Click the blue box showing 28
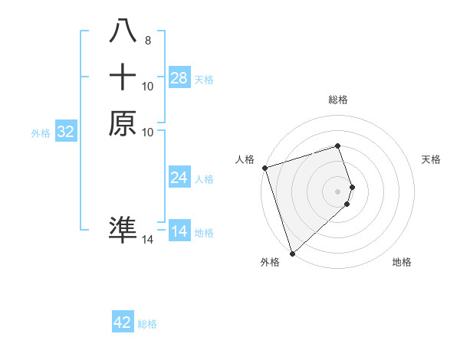179,78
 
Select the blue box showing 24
179,178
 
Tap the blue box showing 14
179,231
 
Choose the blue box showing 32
66,132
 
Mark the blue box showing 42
123,322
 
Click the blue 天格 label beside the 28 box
204,79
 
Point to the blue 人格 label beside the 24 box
204,179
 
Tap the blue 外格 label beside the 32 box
41,133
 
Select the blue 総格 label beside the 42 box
147,324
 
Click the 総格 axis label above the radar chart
338,100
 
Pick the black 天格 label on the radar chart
432,159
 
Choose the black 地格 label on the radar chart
402,262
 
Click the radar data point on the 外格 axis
292,253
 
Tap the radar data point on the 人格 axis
264,168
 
